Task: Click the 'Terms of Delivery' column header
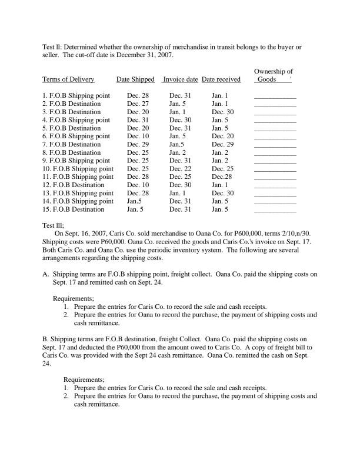pos(68,79)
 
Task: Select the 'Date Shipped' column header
pos(135,79)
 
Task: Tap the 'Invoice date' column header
pos(180,79)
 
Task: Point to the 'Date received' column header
pos(221,79)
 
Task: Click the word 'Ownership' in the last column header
pos(269,71)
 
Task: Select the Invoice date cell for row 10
pos(177,168)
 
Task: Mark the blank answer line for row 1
pos(275,96)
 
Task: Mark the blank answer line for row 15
pos(275,210)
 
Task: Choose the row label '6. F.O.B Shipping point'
pos(76,136)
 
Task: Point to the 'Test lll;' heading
pos(53,225)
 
